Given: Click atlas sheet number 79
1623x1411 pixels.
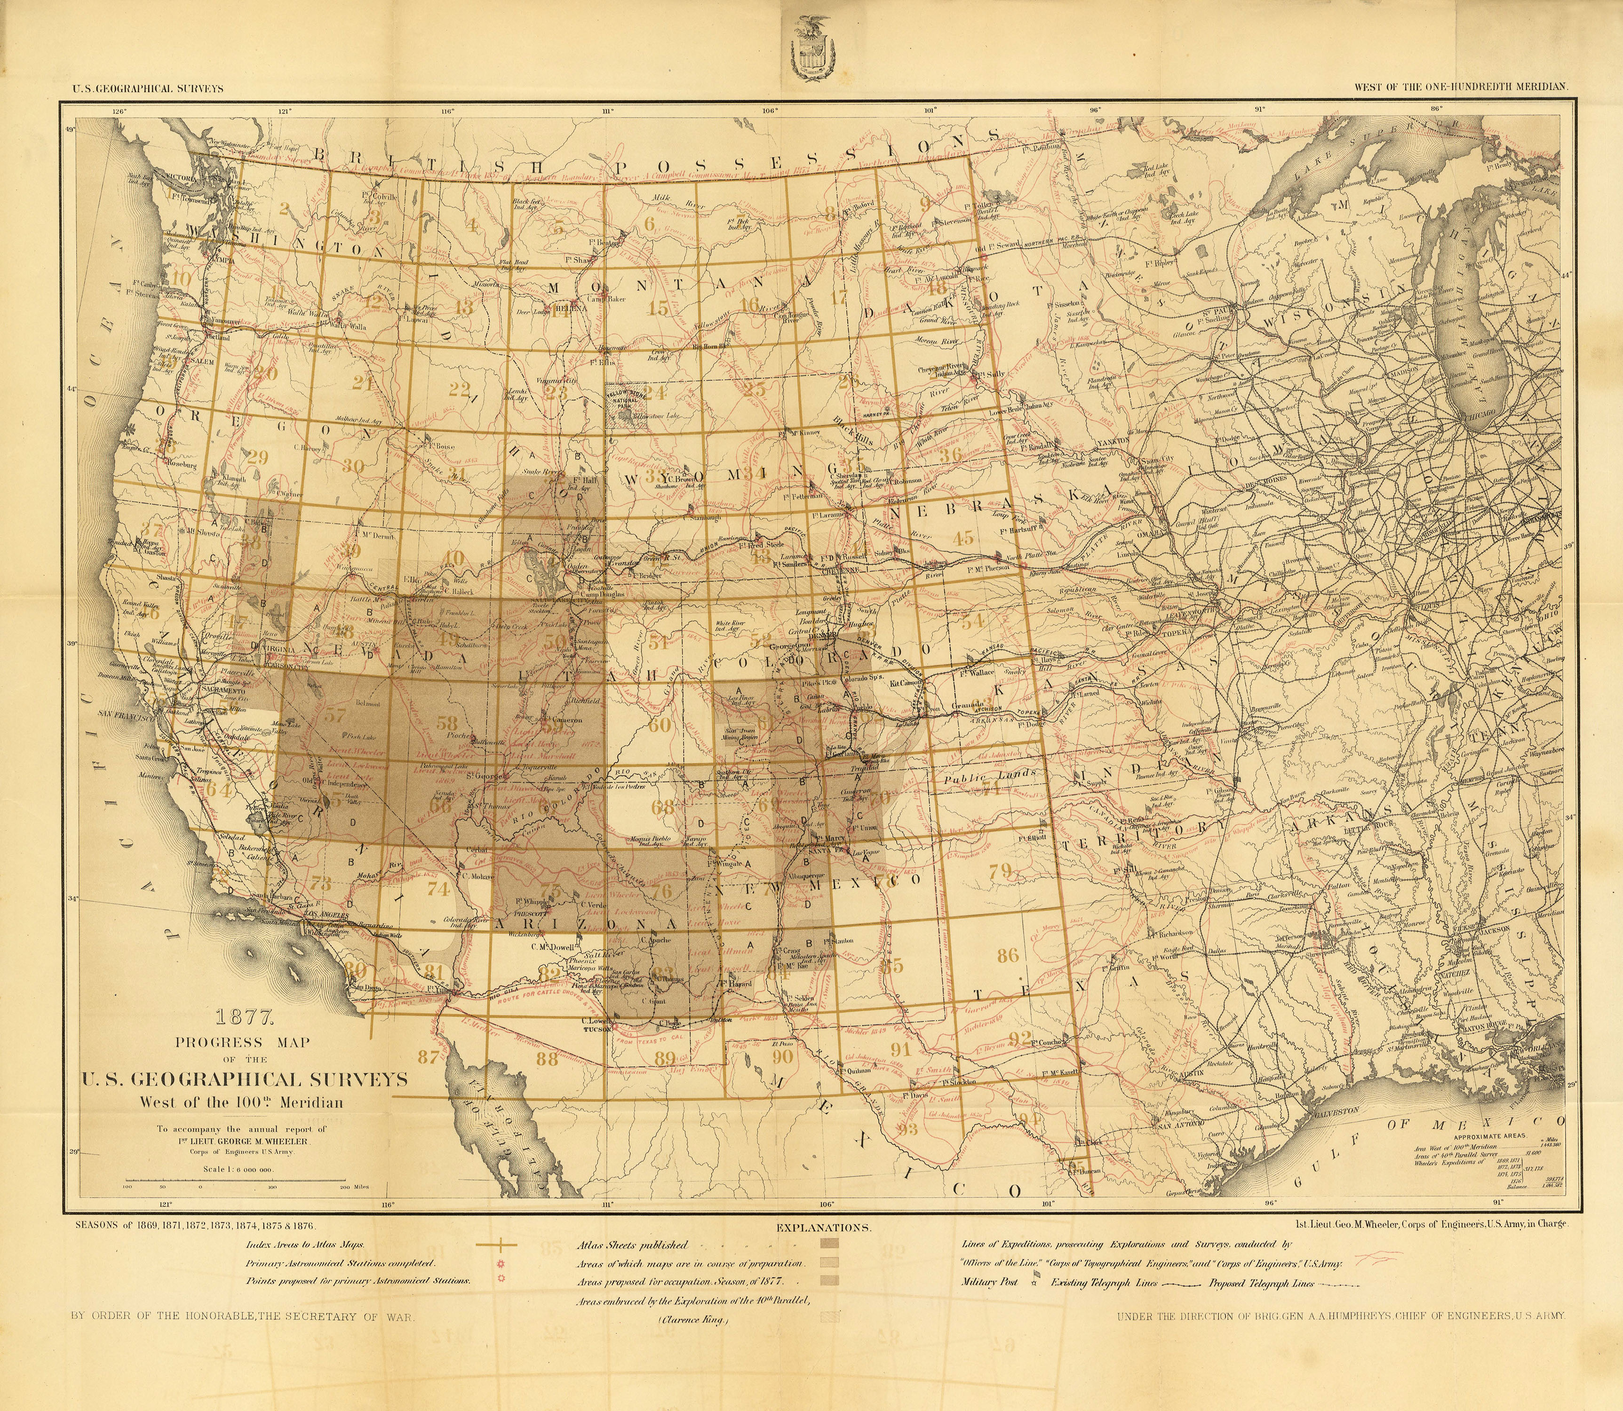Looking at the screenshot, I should (1000, 871).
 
